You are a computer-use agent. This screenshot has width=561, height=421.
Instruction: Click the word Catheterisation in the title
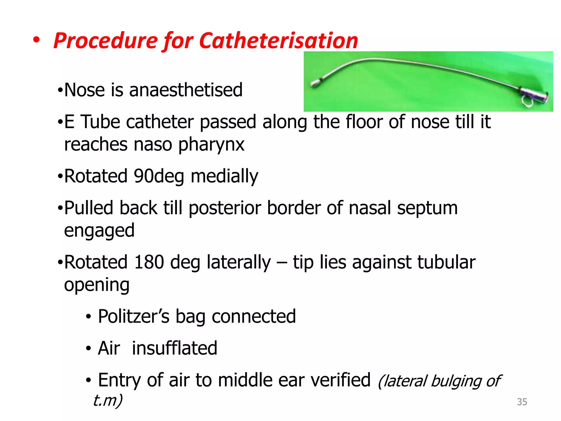click(279, 41)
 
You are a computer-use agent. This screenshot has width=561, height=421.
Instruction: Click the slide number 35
click(522, 402)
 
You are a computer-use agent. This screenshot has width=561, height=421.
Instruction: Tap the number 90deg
click(159, 176)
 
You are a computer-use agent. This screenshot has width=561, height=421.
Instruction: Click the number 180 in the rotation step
click(149, 262)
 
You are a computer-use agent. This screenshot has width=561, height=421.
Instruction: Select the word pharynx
click(211, 145)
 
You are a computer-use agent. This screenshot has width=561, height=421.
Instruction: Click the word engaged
click(99, 231)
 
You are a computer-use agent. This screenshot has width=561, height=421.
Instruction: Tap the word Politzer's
click(134, 316)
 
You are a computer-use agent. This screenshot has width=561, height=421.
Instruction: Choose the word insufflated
click(174, 348)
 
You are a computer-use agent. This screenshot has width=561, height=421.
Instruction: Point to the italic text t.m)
click(108, 400)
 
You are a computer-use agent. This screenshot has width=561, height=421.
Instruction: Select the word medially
click(224, 177)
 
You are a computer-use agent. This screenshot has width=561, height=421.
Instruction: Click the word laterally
click(239, 263)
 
